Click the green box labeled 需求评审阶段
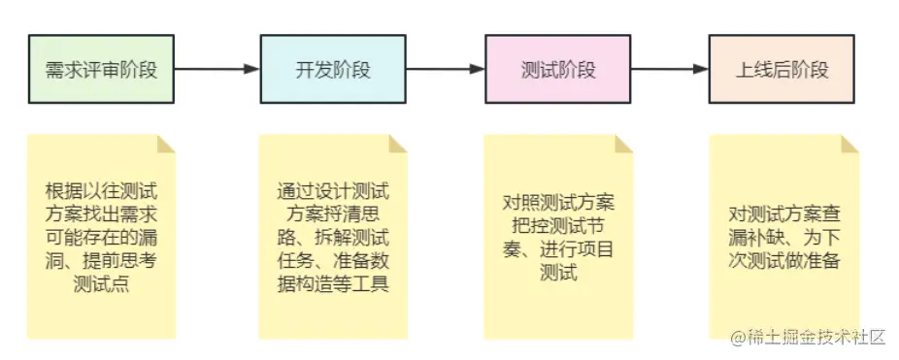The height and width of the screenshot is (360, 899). tap(101, 70)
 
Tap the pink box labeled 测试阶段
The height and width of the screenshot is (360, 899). tap(558, 70)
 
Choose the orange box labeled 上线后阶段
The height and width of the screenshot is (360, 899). tap(782, 70)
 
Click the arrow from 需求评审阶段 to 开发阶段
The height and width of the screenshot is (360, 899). tap(216, 69)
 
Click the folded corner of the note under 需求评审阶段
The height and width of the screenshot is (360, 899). tap(167, 144)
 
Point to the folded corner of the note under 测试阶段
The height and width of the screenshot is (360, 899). tap(624, 144)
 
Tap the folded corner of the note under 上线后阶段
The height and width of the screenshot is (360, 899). tap(850, 144)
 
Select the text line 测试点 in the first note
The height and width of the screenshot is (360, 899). tap(101, 283)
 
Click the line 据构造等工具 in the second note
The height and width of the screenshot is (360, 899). tap(333, 283)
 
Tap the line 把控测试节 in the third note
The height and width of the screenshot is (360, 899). tap(558, 225)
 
